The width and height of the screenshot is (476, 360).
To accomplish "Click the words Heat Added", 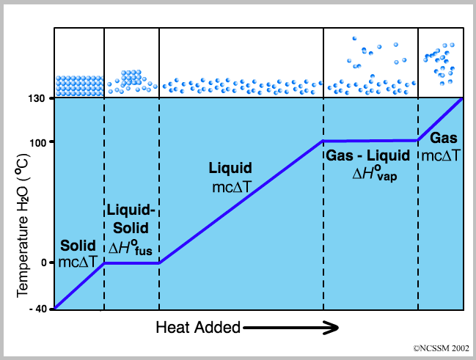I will coord(198,328).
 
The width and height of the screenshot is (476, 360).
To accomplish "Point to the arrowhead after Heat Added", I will coord(331,328).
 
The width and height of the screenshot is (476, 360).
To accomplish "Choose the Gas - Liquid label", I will coord(370,155).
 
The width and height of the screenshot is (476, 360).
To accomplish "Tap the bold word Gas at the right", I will coord(443,138).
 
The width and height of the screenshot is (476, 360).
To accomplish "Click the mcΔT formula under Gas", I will coord(442,155).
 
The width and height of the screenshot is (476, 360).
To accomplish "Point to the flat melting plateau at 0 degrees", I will coord(132,262).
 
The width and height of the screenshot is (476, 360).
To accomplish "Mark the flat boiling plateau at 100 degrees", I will coord(370,140).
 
